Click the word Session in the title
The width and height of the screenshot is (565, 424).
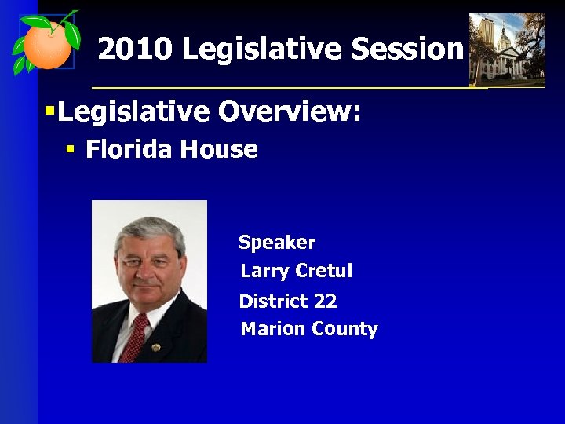point(407,49)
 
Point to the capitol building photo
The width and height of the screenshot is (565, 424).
point(506,49)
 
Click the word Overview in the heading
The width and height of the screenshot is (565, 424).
point(290,112)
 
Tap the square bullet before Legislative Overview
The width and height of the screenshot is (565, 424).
point(49,112)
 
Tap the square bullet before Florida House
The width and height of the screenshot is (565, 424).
point(70,148)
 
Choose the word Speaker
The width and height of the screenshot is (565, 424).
point(277,243)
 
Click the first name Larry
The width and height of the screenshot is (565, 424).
point(264,272)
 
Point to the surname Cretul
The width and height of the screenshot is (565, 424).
point(324,272)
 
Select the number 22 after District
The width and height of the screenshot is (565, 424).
point(325,302)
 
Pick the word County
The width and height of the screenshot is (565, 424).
point(344,330)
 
